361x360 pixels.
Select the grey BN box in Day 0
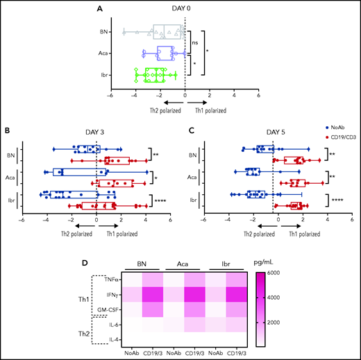tap(168, 31)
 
